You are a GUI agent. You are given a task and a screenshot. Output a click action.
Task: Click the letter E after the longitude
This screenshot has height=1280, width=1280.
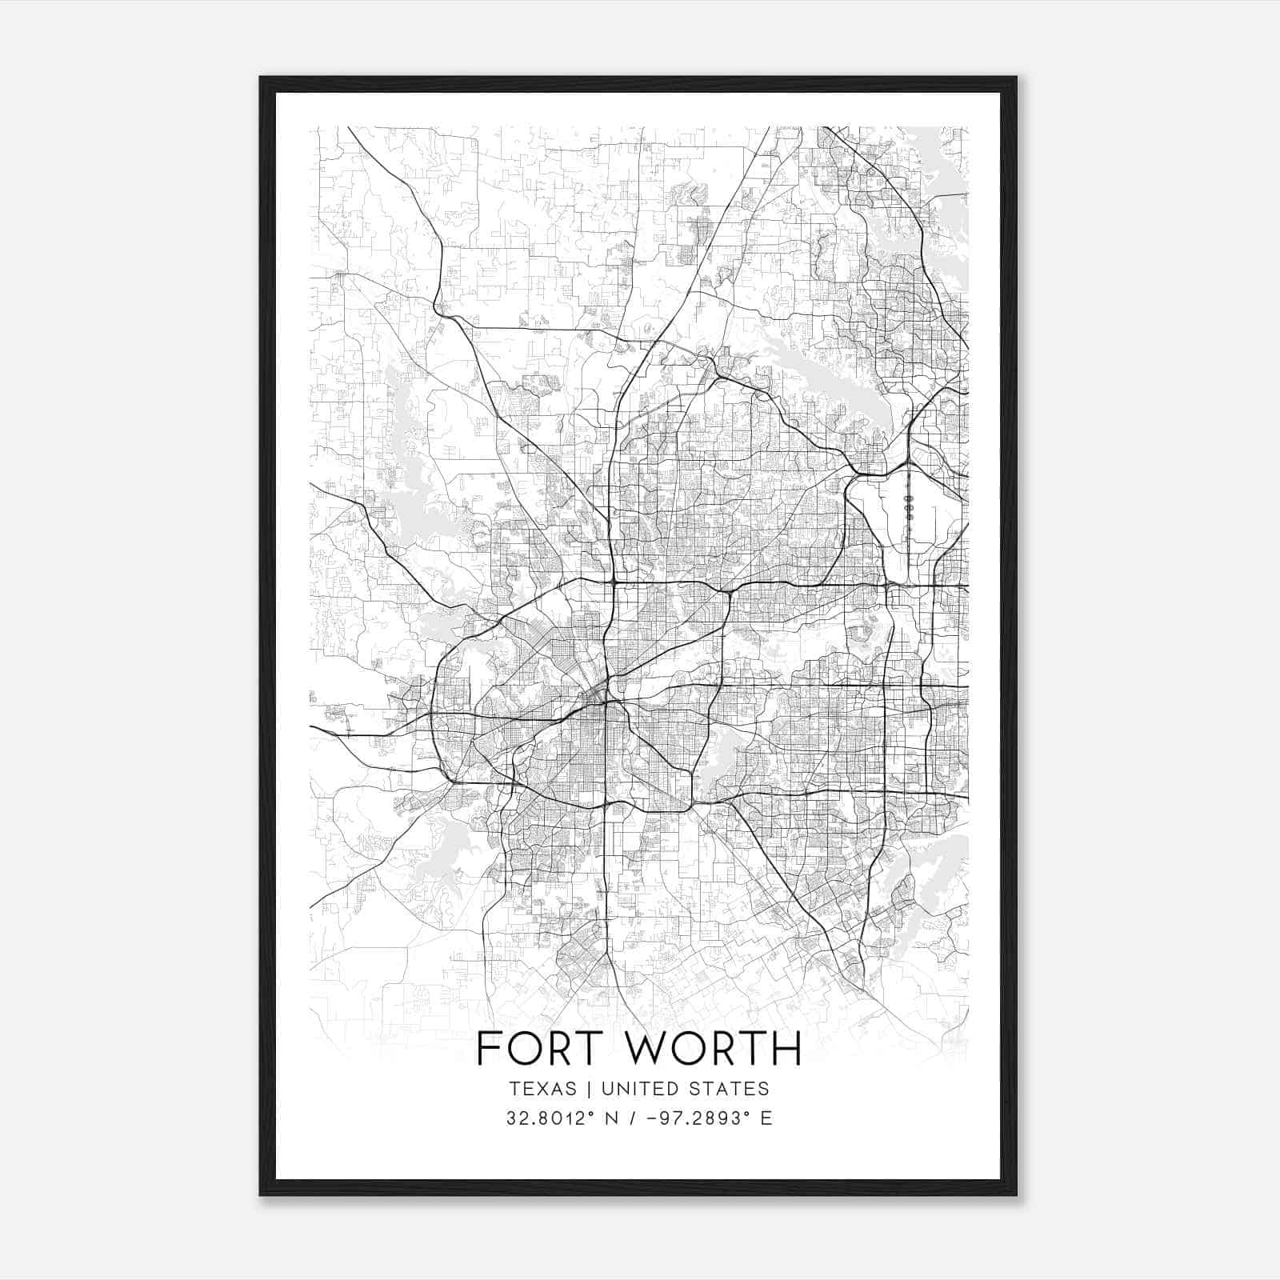pos(766,1118)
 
